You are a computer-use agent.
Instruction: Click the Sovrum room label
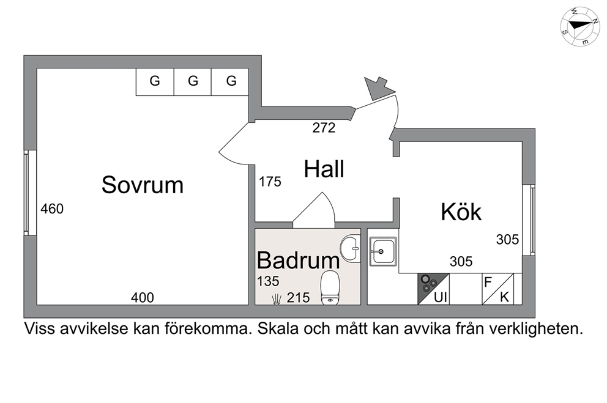pos(143,185)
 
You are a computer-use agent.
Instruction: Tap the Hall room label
pos(324,169)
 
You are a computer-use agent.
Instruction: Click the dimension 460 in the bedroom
pos(52,209)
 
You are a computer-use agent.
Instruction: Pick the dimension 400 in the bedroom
pos(143,297)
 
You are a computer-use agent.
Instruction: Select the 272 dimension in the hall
pos(324,128)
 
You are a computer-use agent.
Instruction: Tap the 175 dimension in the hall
pos(270,182)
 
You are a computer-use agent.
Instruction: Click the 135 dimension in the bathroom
pos(268,281)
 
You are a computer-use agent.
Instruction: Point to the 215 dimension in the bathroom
pos(299,297)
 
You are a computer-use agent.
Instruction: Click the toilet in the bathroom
pos(330,287)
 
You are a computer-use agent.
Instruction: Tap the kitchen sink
pos(383,252)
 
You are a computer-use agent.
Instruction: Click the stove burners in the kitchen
pos(428,284)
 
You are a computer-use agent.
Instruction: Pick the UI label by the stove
pos(441,297)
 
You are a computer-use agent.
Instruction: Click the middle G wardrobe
pos(193,82)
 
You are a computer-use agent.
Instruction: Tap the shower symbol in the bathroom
pos(276,300)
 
